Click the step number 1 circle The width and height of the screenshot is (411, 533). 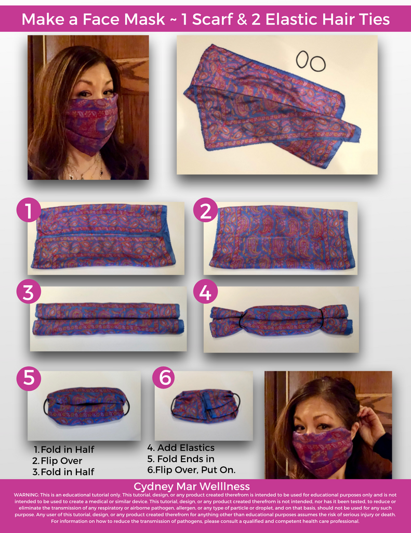point(29,211)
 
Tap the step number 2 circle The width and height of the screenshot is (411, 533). point(205,211)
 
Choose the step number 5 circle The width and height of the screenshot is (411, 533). point(29,378)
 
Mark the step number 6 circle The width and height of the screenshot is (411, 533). point(165,378)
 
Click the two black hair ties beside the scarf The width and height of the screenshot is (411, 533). point(311,61)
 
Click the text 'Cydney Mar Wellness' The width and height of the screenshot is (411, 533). point(192,487)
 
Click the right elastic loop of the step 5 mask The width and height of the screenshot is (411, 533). point(126,406)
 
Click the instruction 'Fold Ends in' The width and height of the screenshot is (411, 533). point(185,459)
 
